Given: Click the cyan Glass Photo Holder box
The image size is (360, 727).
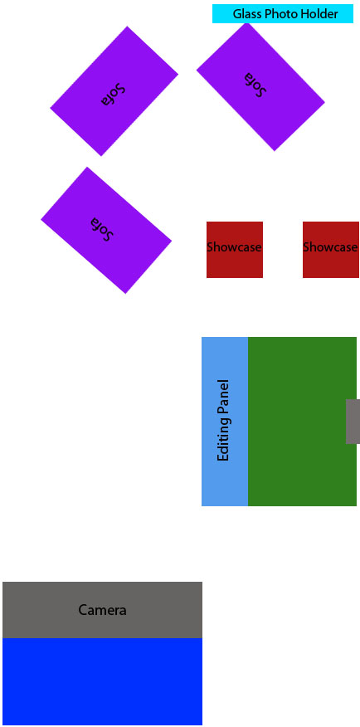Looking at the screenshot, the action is [x=283, y=14].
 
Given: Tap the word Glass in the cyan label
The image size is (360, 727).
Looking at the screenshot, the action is [x=247, y=14].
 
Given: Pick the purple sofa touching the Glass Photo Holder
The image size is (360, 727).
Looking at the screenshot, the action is [x=260, y=86].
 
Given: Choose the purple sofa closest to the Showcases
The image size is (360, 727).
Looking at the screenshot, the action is [x=106, y=230].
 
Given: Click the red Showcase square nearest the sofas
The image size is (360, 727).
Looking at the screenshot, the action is [x=235, y=250].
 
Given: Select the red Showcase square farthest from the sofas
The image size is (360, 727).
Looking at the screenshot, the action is [x=331, y=250].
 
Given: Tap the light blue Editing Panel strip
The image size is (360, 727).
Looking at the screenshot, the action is [x=225, y=422].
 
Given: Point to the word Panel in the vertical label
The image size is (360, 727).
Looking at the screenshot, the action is [x=223, y=397].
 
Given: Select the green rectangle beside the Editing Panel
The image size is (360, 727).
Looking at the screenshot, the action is [x=302, y=422].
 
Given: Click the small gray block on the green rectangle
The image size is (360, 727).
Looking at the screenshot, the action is [x=353, y=422].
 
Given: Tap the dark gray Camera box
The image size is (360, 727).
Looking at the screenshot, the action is [x=102, y=610].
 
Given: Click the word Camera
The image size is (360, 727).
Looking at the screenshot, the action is [x=102, y=610].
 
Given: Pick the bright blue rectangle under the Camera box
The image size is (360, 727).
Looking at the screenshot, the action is [x=102, y=681].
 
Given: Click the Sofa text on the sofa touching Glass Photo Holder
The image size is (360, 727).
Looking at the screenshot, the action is [x=256, y=85].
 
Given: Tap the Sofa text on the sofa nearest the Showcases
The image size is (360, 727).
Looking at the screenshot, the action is [x=102, y=229].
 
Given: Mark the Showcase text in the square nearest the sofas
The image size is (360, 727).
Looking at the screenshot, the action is [x=235, y=247].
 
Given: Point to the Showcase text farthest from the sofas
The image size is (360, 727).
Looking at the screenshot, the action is [x=331, y=247].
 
